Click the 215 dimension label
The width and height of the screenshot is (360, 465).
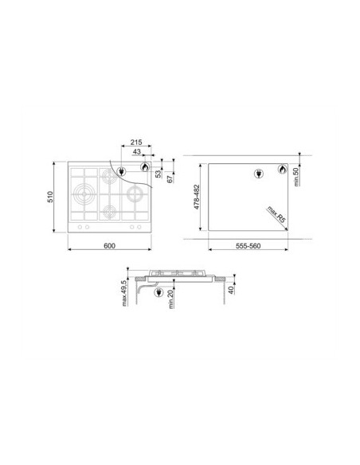pos(136,142)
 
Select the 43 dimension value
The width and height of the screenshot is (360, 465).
pos(137,152)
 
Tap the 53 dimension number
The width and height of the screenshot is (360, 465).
pos(159,174)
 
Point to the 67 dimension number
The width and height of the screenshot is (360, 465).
pos(170,179)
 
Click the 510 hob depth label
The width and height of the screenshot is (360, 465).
pos(50,197)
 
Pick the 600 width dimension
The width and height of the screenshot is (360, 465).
pos(109,246)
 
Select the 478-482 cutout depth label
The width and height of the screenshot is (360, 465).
pos(197,197)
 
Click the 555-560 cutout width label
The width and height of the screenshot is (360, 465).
pos(248,246)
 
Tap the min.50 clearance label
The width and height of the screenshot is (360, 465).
pos(296,177)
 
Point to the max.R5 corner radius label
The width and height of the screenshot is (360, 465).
pos(276,214)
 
